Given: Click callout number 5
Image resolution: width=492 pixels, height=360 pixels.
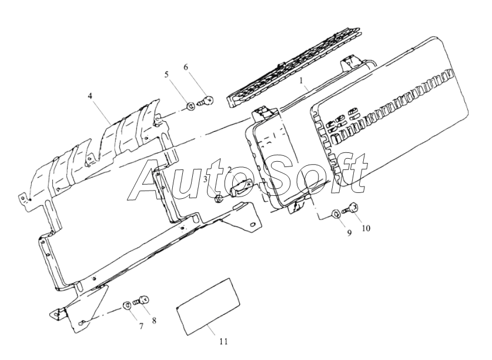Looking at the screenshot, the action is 166,75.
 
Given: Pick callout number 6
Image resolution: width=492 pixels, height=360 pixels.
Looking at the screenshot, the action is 186,68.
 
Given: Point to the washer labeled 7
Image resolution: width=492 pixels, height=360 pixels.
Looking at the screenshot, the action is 126,305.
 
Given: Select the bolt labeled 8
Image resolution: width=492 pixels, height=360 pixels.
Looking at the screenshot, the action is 142,301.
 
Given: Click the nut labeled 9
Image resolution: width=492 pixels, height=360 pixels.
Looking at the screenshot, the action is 333,213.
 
